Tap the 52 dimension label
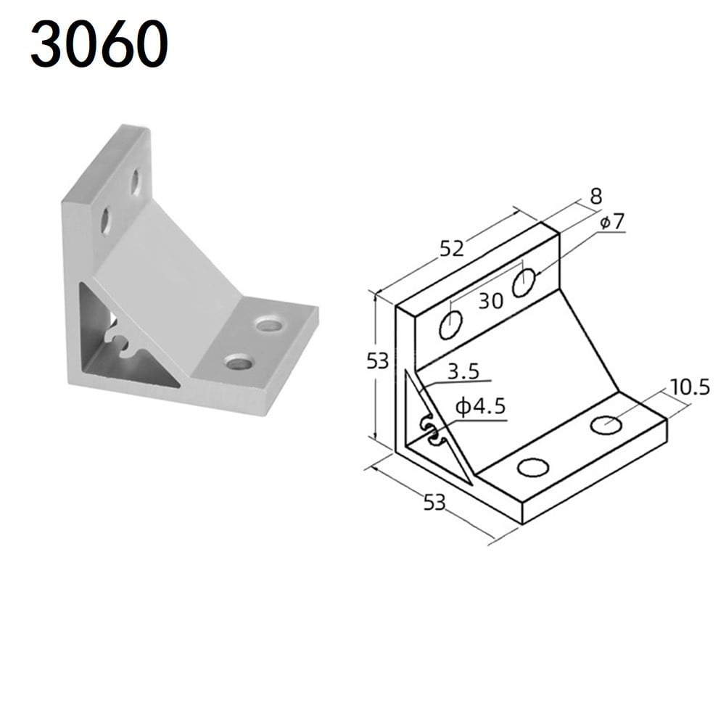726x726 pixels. point(451,248)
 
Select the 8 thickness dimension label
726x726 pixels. point(596,195)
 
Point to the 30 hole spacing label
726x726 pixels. point(490,301)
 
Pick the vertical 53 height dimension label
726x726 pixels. point(377,360)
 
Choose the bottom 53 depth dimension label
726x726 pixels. point(434,502)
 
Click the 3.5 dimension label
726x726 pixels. point(463,373)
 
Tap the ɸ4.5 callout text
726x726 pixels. point(479,408)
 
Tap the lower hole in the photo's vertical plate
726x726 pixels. point(104,220)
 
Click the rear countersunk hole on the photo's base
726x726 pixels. point(270,323)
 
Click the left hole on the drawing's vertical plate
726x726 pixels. point(450,325)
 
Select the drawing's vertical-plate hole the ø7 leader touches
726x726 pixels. point(524,282)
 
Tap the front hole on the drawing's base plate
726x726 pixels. point(533,468)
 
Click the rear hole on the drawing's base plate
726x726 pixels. point(606,424)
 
